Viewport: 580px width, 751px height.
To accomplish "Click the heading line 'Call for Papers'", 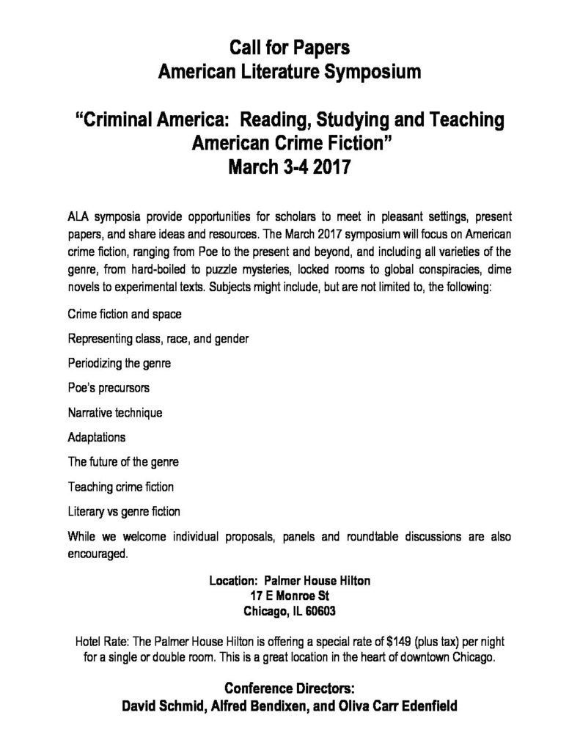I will coord(290,48).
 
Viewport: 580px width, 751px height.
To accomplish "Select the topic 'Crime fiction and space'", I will coord(125,314).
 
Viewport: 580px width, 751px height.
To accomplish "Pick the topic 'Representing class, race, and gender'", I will coord(158,339).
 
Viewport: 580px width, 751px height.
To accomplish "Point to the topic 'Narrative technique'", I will coord(115,413).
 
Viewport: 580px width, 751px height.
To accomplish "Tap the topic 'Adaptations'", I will coord(97,437).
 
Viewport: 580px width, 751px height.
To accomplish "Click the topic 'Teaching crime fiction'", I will coord(120,486).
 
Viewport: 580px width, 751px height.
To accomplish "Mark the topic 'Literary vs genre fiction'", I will coord(124,511).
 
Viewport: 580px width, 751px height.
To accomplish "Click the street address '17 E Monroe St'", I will coord(290,595).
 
